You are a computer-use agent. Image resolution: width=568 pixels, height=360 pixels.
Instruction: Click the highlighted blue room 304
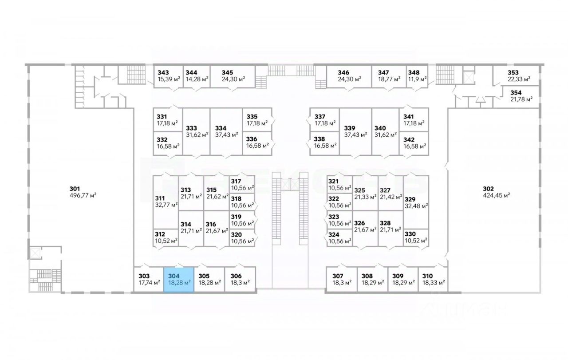(179, 279)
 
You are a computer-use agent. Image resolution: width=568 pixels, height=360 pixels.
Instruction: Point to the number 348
(414, 72)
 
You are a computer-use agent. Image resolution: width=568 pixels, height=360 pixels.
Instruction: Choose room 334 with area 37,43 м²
(226, 131)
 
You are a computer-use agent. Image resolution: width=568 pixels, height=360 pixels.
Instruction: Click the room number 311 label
(160, 198)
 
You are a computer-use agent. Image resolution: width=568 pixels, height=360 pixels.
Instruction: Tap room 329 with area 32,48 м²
(416, 202)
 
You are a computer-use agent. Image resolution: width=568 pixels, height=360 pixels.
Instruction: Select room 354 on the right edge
(521, 95)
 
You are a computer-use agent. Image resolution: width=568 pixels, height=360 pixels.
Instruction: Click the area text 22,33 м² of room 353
(519, 79)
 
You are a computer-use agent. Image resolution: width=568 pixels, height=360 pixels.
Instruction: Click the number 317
(236, 181)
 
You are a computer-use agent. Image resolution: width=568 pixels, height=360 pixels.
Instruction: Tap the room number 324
(333, 234)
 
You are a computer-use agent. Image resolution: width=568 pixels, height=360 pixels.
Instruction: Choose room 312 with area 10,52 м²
(166, 237)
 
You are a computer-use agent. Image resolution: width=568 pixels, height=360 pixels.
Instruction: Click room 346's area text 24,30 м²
(349, 79)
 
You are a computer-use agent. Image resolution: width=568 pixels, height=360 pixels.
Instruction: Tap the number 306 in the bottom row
(236, 276)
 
